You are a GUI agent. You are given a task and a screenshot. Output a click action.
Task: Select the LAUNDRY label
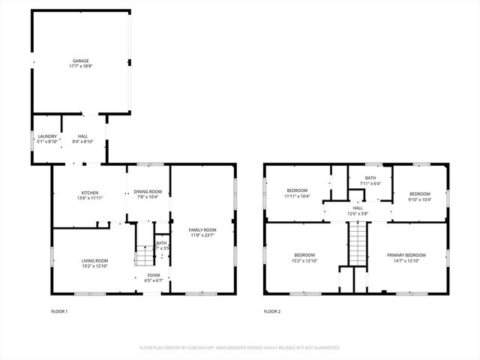click(x=46, y=136)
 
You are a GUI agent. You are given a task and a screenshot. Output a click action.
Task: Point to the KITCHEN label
click(x=88, y=193)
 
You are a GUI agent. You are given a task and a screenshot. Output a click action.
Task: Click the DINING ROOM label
click(x=147, y=192)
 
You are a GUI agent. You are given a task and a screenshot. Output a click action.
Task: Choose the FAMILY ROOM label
click(x=202, y=229)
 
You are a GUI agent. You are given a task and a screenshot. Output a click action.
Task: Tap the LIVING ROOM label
click(x=94, y=260)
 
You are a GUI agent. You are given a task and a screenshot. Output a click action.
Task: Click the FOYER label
click(x=153, y=275)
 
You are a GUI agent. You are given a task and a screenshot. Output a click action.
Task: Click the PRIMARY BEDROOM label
click(x=406, y=254)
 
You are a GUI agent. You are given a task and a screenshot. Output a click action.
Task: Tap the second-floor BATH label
click(x=370, y=178)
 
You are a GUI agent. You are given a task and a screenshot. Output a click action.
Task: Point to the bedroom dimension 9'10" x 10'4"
click(x=418, y=198)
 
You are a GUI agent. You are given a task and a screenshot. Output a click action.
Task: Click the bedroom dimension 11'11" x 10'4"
click(x=298, y=196)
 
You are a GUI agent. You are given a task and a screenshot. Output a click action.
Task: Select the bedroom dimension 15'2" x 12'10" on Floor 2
click(x=304, y=259)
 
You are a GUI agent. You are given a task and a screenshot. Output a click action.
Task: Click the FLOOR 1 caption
click(x=59, y=310)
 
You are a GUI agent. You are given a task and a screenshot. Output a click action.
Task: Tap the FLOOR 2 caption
click(x=271, y=310)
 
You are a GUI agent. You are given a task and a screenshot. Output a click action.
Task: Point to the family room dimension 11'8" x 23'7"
click(x=202, y=235)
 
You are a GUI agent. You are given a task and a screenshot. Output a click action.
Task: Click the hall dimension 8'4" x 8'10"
click(x=82, y=141)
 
